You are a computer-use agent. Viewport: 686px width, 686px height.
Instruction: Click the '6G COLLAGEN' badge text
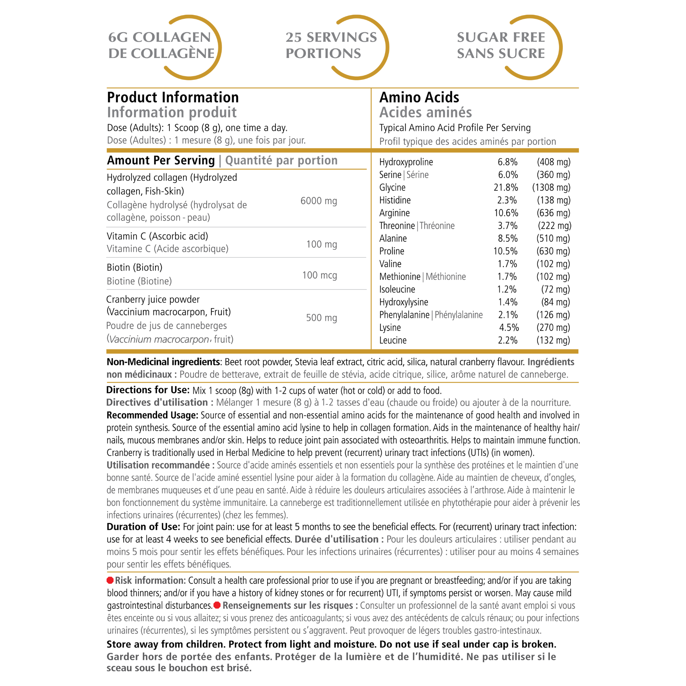click(x=159, y=37)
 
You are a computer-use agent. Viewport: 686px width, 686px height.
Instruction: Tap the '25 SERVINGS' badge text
click(x=331, y=37)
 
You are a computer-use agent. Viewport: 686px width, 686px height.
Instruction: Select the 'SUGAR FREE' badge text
click(x=501, y=37)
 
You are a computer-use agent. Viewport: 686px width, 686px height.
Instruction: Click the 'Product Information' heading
click(x=173, y=97)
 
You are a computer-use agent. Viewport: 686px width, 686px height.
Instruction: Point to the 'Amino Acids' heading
click(x=419, y=97)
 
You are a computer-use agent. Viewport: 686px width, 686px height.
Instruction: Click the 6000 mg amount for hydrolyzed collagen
click(x=319, y=201)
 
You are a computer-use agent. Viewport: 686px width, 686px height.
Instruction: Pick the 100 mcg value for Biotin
click(x=319, y=275)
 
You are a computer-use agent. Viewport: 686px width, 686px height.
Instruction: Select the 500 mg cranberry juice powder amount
click(x=321, y=318)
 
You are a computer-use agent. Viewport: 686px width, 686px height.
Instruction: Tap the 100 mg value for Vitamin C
click(x=321, y=244)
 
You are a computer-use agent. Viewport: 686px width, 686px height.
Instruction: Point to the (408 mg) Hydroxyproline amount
click(x=554, y=162)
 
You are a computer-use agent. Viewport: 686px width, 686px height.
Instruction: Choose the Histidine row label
click(x=395, y=200)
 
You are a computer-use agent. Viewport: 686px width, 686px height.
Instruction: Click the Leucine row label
click(x=393, y=340)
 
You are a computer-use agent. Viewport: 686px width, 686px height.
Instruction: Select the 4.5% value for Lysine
click(x=509, y=327)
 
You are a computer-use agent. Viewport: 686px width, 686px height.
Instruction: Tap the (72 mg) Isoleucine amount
click(x=555, y=289)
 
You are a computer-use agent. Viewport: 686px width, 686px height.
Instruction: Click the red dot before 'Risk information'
click(x=110, y=581)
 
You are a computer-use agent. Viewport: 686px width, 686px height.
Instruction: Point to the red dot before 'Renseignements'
click(x=217, y=605)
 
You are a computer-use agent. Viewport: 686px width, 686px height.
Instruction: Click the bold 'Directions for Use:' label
click(x=148, y=390)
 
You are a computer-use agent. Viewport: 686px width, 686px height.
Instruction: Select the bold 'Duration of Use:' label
click(x=143, y=527)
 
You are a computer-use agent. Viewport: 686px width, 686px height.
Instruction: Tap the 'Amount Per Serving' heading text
click(x=161, y=161)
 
